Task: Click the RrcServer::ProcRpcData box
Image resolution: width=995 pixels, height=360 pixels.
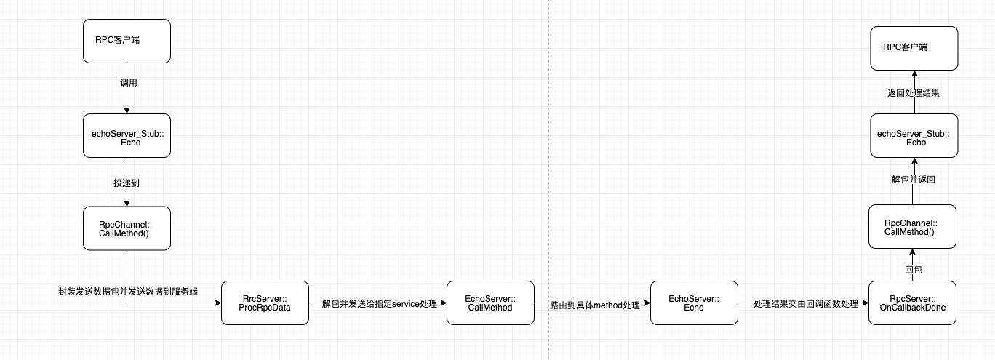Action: click(x=265, y=303)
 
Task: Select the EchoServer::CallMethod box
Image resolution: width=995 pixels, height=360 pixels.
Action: click(x=490, y=303)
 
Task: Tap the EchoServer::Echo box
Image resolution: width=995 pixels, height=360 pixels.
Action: click(x=694, y=303)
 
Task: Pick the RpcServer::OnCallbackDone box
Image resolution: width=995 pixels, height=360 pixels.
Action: click(x=912, y=303)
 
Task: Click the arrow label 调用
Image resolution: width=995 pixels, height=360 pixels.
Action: click(x=129, y=83)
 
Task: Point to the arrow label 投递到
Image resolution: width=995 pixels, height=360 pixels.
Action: click(x=127, y=183)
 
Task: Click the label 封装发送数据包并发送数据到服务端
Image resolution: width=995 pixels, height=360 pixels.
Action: click(x=129, y=291)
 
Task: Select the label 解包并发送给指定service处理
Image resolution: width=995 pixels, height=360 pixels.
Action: click(x=379, y=303)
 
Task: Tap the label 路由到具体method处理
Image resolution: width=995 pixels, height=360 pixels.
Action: click(x=594, y=305)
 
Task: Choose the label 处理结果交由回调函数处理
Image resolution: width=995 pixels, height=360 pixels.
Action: click(x=805, y=303)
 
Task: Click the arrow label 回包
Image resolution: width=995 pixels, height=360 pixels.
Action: click(x=913, y=270)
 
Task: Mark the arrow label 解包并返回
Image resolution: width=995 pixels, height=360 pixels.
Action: click(x=913, y=180)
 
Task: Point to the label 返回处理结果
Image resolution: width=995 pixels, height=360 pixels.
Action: click(x=913, y=93)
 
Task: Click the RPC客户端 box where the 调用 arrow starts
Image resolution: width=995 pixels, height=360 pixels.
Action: click(x=127, y=41)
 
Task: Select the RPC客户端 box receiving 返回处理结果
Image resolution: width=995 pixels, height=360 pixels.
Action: click(x=914, y=48)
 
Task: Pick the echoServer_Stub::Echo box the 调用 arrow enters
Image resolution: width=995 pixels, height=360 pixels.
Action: click(x=127, y=135)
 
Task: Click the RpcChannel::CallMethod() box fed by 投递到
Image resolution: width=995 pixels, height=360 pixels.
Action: click(x=127, y=228)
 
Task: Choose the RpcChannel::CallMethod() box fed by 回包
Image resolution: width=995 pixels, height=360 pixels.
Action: click(x=912, y=227)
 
